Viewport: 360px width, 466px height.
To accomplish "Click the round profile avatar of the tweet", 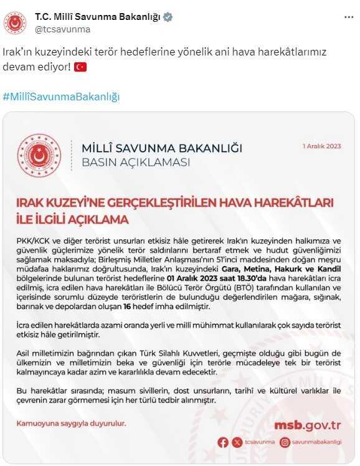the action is pos(15,22).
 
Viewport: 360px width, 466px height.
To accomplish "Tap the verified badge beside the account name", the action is pos(167,17).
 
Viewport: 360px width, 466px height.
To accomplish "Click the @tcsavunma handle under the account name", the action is pos(62,29).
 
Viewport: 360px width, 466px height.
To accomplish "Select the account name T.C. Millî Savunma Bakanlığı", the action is pos(97,17).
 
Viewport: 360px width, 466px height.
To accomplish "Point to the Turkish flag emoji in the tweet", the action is pos(80,66).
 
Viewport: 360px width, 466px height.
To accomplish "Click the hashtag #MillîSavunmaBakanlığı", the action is pos(61,97).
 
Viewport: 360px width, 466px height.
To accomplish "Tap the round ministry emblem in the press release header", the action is pos(39,155).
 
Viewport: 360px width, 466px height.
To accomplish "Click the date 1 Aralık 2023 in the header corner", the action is pos(322,146).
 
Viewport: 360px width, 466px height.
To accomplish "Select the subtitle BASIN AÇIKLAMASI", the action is pos(136,163).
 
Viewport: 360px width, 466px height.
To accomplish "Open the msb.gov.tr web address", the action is pos(307,426).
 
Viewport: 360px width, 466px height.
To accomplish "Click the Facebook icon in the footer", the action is pos(224,442).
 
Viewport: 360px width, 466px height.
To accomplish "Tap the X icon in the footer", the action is pos(236,442).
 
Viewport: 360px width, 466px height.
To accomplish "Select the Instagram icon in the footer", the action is pos(285,442).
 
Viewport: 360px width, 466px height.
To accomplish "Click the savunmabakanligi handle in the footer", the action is pos(318,442).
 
